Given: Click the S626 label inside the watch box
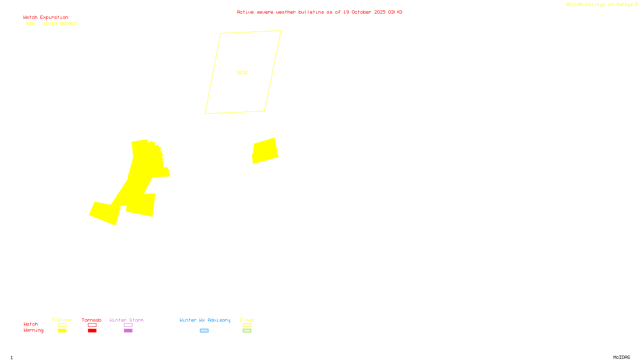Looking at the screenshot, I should click(x=242, y=72).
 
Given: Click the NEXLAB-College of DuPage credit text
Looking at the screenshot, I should click(x=602, y=4).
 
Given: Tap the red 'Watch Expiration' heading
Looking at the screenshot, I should click(x=46, y=17).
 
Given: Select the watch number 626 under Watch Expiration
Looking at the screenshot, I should click(x=30, y=24).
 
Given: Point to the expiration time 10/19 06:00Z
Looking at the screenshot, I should click(x=60, y=24).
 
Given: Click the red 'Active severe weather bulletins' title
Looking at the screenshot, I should click(x=319, y=12).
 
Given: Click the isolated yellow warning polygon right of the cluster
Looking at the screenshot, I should click(x=265, y=151).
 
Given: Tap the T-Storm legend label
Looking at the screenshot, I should click(x=62, y=320).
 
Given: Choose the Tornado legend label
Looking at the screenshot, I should click(x=92, y=320).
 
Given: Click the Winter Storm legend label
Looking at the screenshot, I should click(x=126, y=320).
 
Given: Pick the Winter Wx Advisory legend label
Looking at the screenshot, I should click(x=205, y=320).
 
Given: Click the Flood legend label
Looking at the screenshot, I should click(x=247, y=320).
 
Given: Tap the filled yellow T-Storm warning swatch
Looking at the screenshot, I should click(x=62, y=331).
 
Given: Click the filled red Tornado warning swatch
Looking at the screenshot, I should click(x=92, y=331).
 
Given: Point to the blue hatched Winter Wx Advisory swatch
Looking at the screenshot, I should click(x=204, y=331).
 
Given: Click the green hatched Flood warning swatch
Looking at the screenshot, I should click(x=247, y=331).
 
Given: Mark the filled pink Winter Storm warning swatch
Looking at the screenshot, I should click(x=128, y=331).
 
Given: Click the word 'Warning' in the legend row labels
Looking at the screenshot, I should click(x=33, y=330).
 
